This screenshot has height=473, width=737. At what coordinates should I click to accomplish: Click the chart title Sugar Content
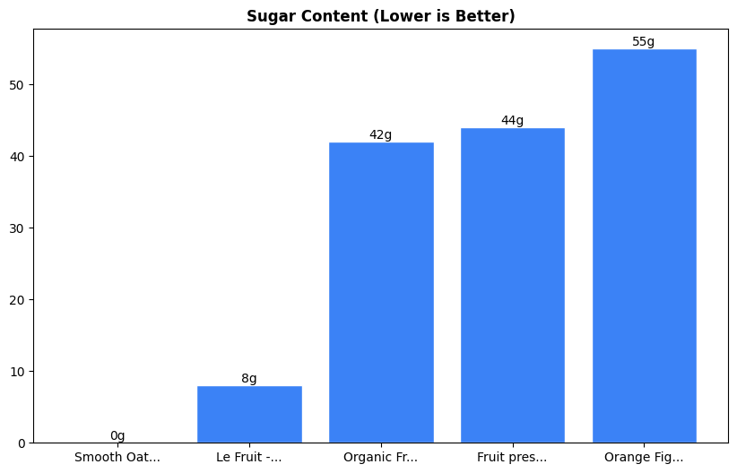(380, 16)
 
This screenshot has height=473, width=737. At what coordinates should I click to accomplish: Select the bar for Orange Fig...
(644, 245)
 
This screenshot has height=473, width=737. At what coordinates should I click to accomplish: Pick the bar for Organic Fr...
(381, 292)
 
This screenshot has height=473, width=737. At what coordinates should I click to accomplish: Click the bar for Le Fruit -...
(249, 414)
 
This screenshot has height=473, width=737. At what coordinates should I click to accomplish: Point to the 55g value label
(644, 42)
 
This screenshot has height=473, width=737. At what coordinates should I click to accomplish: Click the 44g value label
(512, 121)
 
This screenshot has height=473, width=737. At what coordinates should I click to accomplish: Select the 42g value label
(381, 135)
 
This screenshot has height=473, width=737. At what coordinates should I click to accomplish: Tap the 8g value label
(249, 379)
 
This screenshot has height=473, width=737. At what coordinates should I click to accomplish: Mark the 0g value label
(117, 436)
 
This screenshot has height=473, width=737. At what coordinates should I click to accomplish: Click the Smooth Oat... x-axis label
(117, 458)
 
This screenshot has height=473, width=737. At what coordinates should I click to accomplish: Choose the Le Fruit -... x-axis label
(249, 458)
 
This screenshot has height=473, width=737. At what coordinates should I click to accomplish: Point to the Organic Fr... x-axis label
(381, 458)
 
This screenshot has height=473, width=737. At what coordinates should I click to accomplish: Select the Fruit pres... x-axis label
(512, 458)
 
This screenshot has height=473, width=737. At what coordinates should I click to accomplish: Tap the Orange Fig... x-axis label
(644, 458)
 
